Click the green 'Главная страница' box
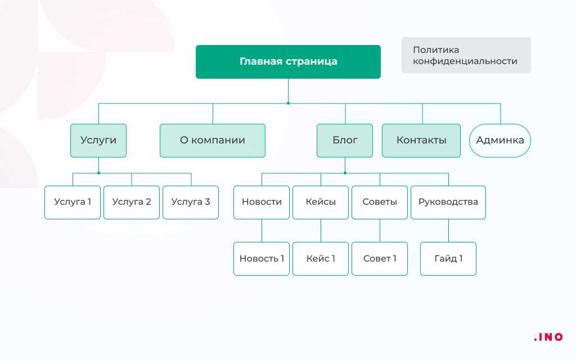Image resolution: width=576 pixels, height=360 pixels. [288, 62]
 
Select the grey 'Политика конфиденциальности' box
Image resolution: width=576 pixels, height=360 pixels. [466, 55]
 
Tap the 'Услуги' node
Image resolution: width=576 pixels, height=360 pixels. [98, 141]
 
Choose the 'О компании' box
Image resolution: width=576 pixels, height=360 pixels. [213, 141]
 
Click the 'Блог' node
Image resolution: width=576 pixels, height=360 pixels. [345, 141]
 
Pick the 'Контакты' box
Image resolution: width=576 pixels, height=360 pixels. [421, 141]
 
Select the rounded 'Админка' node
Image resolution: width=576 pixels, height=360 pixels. [500, 141]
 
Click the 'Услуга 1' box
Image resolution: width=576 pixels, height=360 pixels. [73, 202]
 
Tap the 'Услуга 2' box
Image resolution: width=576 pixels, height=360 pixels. [132, 202]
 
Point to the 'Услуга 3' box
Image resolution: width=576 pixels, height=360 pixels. [191, 202]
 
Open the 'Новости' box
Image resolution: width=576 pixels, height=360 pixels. [262, 202]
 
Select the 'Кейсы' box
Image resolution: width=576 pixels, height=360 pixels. [321, 202]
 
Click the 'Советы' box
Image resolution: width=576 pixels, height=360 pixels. [380, 202]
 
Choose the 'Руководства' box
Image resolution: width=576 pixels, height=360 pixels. [448, 202]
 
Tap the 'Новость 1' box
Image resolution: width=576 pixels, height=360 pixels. [262, 259]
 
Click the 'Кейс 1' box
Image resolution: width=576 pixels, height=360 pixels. [321, 259]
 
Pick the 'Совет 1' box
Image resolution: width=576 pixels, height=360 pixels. [380, 259]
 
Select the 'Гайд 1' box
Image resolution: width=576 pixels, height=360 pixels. [448, 259]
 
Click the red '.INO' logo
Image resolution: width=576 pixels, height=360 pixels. [548, 337]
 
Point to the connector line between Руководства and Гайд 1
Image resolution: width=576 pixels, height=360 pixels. [448, 231]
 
